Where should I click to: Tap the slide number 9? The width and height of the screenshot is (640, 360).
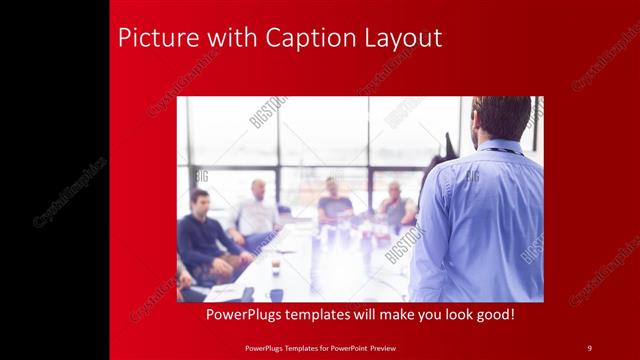click(x=590, y=347)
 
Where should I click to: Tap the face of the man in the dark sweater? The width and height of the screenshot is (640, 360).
click(x=200, y=200)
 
